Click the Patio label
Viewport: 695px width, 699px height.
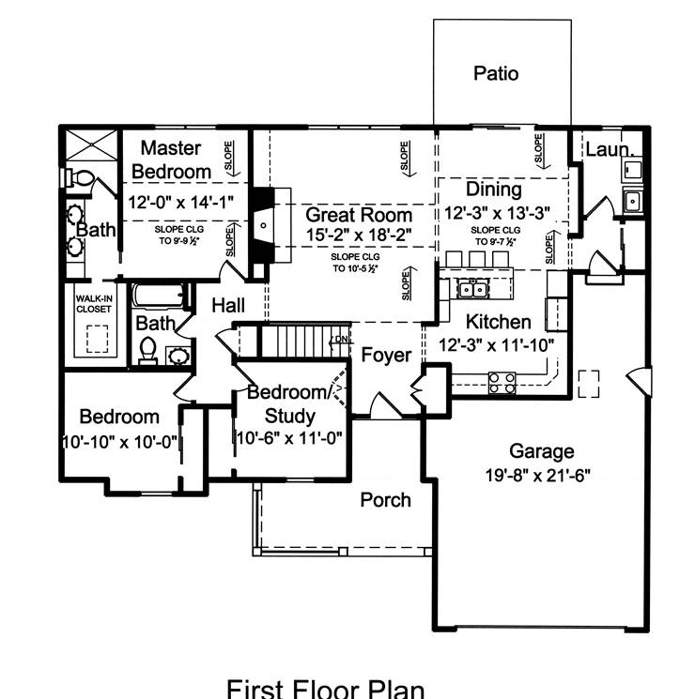click(x=496, y=73)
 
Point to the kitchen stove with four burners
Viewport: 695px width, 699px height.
click(x=502, y=382)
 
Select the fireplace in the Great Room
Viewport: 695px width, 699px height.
click(x=264, y=225)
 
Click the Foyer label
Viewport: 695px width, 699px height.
click(x=386, y=356)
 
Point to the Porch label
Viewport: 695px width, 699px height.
click(x=386, y=500)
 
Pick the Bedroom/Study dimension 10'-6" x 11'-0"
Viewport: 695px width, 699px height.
click(x=288, y=437)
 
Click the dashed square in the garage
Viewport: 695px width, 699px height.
click(x=589, y=383)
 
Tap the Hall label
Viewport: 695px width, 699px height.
click(x=228, y=305)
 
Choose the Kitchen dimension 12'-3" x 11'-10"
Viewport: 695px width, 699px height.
click(x=497, y=344)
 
